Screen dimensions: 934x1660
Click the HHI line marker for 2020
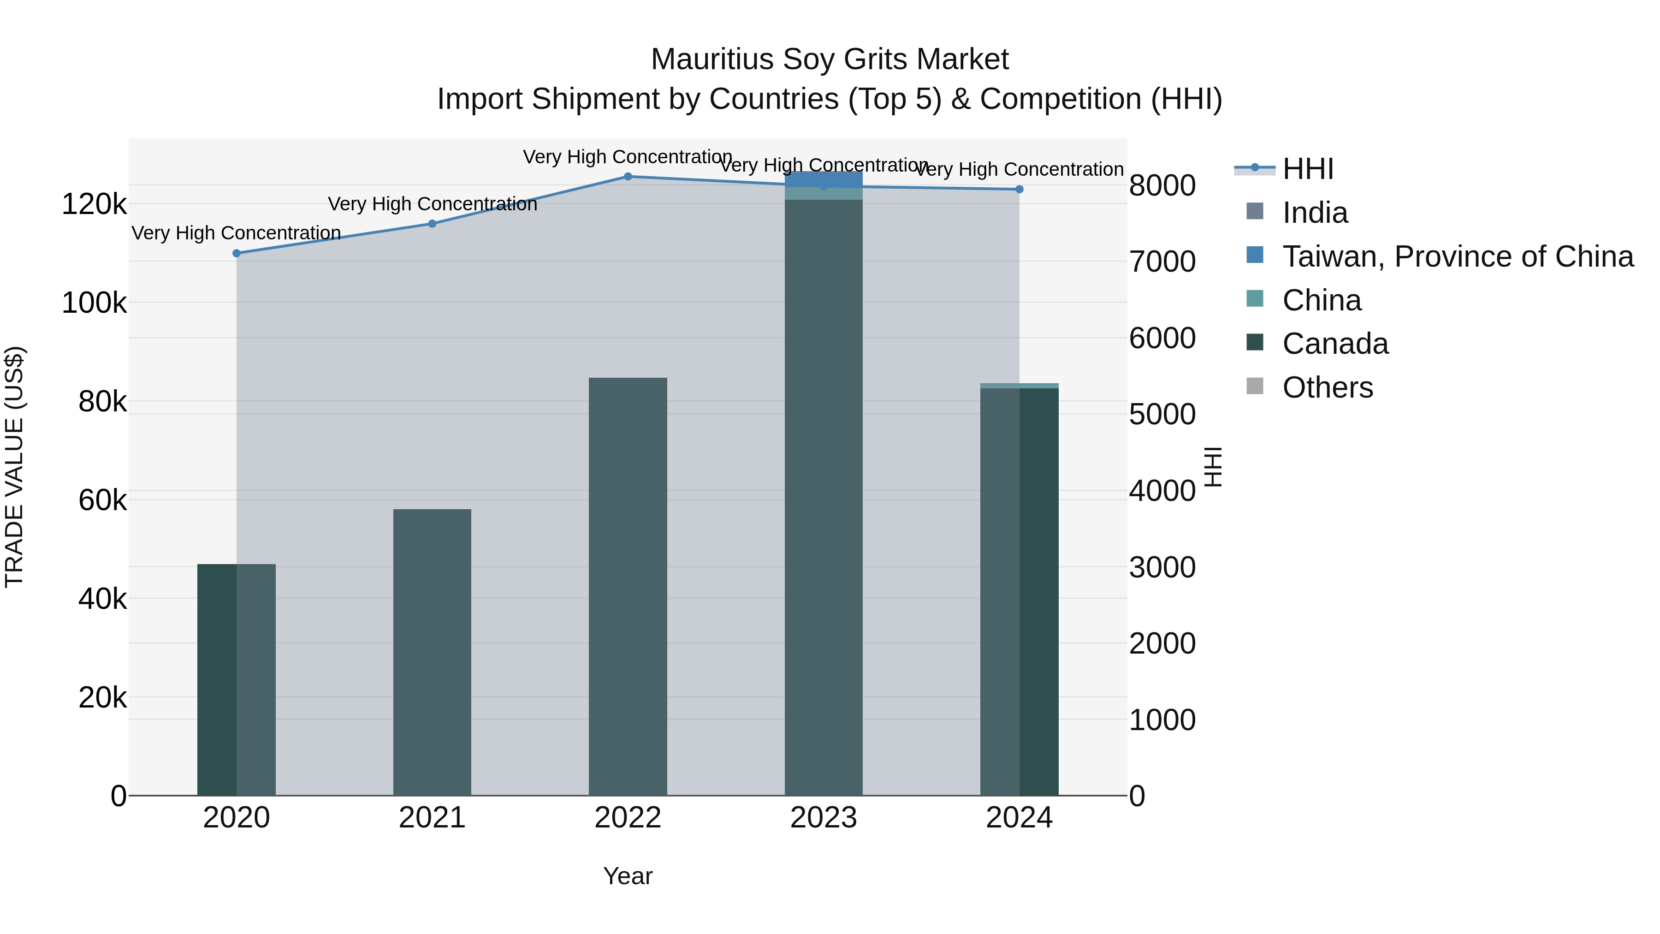pos(237,253)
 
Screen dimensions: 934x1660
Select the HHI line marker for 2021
pos(433,224)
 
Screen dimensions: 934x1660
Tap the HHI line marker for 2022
pos(628,177)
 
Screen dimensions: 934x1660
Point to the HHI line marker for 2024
pos(1020,190)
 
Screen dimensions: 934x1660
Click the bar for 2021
pos(433,651)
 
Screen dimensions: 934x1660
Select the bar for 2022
pos(628,587)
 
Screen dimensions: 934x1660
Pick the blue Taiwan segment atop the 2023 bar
pos(824,178)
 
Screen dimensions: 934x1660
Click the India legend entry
pos(1315,213)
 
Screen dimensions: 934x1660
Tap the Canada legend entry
pos(1335,344)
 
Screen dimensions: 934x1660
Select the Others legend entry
pos(1328,388)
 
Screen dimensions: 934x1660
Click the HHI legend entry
pos(1308,169)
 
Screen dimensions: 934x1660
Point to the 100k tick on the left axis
pos(94,303)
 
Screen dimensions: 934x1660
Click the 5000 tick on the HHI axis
pos(1162,415)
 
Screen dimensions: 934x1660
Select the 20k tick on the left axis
pos(102,697)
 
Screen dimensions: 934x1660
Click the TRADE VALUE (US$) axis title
pos(14,467)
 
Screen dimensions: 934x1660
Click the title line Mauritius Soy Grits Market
pos(830,59)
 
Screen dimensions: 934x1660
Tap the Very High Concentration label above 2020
pos(237,233)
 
